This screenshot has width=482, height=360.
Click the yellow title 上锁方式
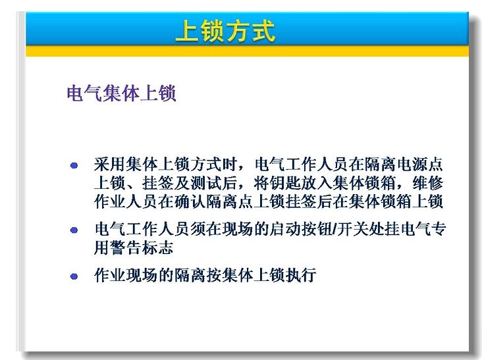(x=225, y=31)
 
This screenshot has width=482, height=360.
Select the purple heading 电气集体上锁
(x=121, y=93)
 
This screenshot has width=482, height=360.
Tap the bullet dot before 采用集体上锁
(x=74, y=166)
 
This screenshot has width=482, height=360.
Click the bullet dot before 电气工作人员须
(x=74, y=230)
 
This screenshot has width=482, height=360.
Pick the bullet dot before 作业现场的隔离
(x=74, y=276)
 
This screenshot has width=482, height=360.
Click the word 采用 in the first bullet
(x=110, y=165)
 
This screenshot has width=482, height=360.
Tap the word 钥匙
(x=285, y=183)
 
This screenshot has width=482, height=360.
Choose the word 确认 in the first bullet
(x=190, y=202)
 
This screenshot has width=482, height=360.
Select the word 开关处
(x=361, y=229)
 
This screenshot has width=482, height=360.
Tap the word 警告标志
(x=142, y=247)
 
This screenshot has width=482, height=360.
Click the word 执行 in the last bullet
(x=301, y=275)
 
